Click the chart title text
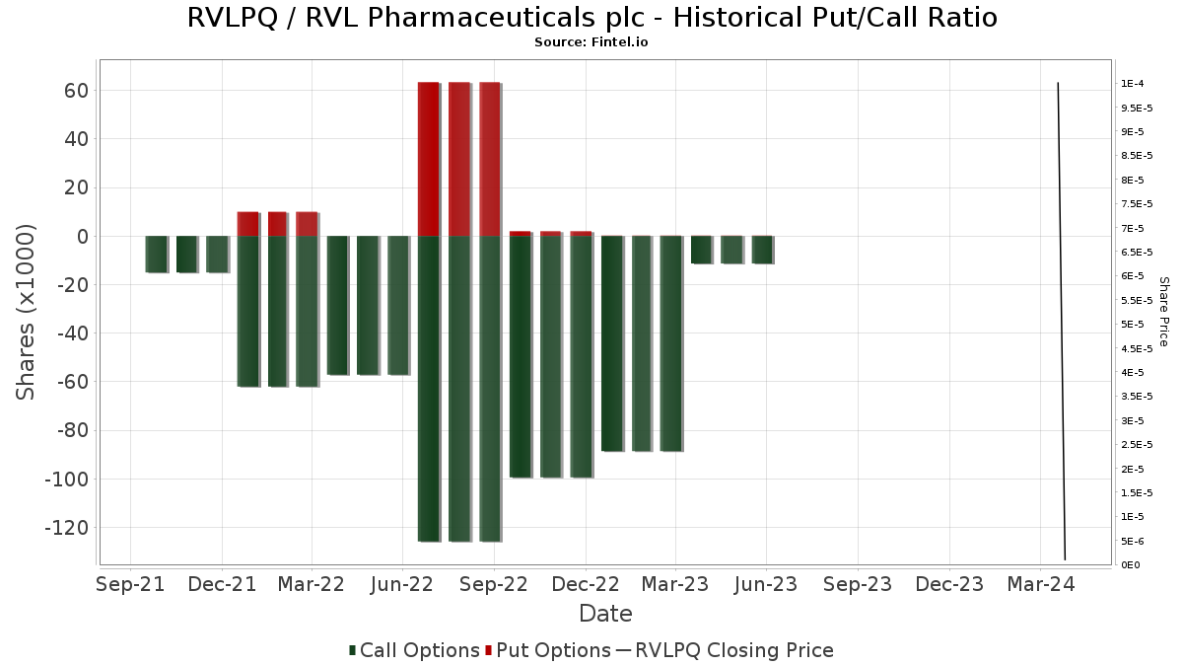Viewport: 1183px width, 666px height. click(592, 18)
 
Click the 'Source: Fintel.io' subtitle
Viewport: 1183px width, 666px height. click(591, 42)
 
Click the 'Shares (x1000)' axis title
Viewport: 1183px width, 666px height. click(25, 313)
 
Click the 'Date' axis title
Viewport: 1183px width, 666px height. click(605, 614)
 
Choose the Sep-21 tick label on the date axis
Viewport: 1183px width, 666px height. click(130, 584)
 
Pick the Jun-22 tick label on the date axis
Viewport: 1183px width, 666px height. click(402, 584)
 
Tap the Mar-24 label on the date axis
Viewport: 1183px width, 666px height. click(1040, 584)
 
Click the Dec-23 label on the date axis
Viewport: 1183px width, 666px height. click(949, 584)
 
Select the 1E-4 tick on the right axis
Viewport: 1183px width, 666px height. click(1133, 84)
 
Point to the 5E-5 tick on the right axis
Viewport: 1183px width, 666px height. click(1133, 324)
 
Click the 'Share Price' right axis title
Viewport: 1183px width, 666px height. click(1163, 312)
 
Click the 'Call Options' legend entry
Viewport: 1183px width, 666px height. click(415, 650)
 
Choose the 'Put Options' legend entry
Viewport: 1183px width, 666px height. click(548, 650)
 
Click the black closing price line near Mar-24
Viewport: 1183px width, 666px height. click(1062, 321)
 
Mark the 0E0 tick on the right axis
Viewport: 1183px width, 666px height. click(1130, 565)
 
